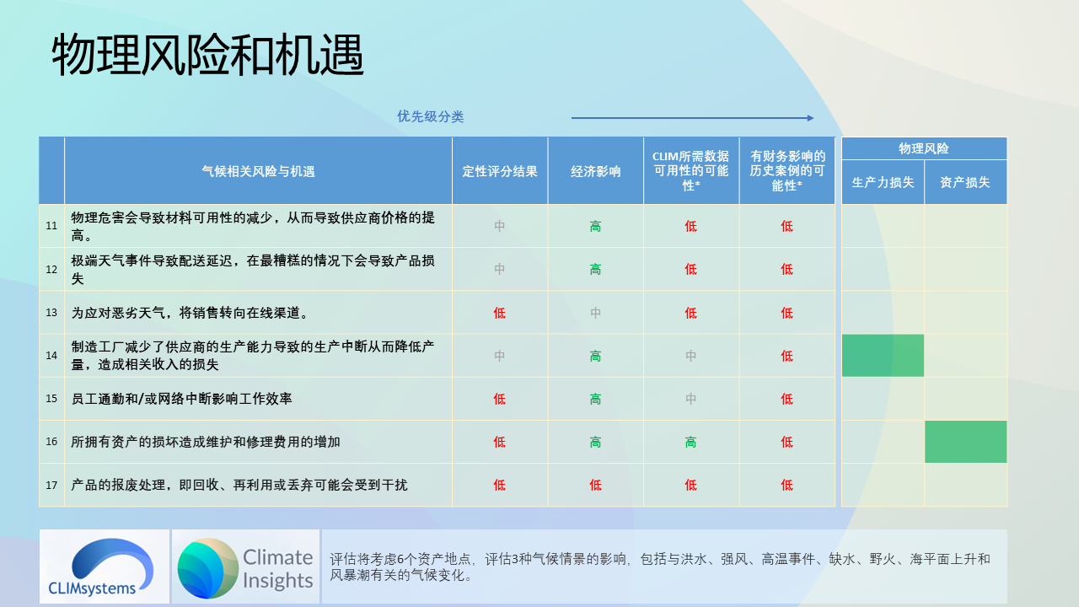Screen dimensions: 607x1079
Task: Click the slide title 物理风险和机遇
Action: click(207, 56)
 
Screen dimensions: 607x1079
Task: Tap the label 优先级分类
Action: click(430, 116)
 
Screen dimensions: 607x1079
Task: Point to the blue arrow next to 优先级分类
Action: click(692, 118)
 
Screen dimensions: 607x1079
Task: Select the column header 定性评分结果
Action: click(499, 171)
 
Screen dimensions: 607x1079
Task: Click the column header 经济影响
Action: click(595, 171)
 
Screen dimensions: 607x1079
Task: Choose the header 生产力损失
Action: click(883, 182)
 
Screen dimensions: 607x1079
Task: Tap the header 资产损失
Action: click(965, 182)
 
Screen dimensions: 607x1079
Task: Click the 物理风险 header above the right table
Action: click(923, 148)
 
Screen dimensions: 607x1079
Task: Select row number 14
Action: click(51, 356)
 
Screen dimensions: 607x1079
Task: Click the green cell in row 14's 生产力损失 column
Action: click(883, 355)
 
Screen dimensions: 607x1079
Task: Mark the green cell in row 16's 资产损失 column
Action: click(965, 442)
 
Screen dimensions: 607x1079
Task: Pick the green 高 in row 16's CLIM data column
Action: click(690, 442)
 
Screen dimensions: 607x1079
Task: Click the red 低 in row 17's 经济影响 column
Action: click(595, 485)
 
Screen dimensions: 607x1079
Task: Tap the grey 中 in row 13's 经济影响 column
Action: click(595, 313)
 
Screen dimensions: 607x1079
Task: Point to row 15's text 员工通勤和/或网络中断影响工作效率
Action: click(181, 399)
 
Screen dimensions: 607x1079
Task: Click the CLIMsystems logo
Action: click(104, 566)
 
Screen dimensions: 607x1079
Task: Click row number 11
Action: click(51, 226)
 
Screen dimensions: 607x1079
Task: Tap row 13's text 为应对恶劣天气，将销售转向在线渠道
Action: click(190, 313)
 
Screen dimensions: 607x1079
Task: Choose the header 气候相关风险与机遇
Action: click(258, 171)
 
